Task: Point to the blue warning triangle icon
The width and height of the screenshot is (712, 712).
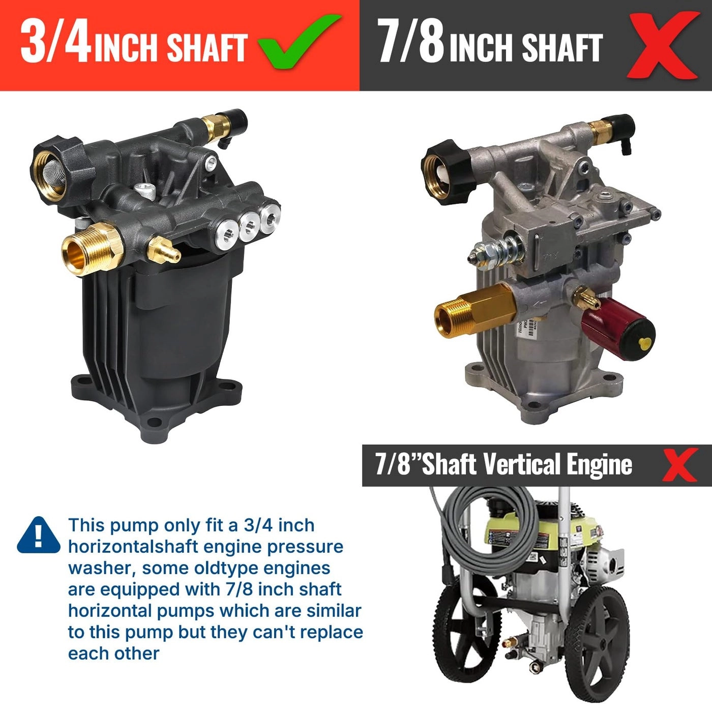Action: [x=38, y=536]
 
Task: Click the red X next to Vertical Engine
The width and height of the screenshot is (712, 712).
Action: [x=679, y=464]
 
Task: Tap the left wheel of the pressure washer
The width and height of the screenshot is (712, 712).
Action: [x=460, y=631]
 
